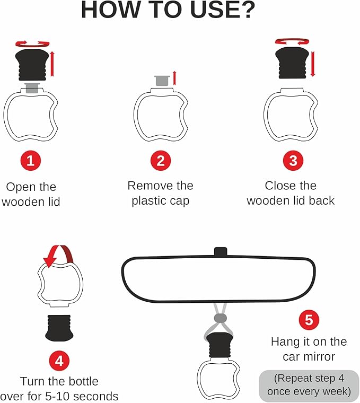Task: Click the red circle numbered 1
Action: [30, 161]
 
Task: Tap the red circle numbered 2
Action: [161, 161]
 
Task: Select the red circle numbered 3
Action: [292, 161]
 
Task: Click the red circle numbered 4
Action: [60, 361]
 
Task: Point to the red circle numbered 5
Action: [309, 320]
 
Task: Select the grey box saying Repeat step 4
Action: [309, 386]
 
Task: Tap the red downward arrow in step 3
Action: [313, 63]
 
